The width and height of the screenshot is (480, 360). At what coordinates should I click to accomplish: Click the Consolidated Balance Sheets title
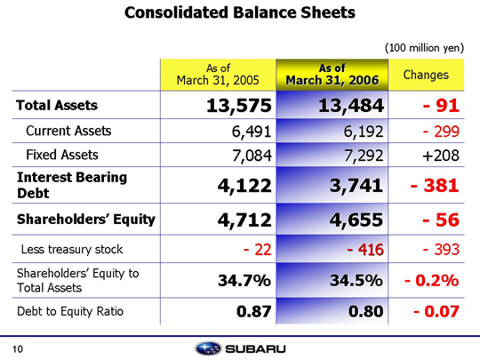coord(240,12)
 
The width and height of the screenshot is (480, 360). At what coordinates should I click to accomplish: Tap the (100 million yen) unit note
coord(424,48)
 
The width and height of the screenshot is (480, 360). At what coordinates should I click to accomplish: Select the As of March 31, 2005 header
coord(218,74)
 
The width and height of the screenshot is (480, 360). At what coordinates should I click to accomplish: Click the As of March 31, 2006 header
coord(332,74)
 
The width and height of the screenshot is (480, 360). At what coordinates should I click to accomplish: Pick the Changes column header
coord(426,75)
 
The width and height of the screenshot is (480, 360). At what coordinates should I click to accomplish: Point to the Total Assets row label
coord(57,105)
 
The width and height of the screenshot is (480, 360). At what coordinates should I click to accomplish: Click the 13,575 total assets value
coord(239,106)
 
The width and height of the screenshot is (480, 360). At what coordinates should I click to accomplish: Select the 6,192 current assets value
coord(364,132)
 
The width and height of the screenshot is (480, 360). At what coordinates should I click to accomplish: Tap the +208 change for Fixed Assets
coord(441,156)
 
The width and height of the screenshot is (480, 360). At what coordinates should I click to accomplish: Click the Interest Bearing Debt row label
coord(72,185)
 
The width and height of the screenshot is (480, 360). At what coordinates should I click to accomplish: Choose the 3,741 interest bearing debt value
coord(356,186)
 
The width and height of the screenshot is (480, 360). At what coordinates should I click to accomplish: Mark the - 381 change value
coord(435,186)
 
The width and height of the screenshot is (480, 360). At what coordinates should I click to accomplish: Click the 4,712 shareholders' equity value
coord(244,220)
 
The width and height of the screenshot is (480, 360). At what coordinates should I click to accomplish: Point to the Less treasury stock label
coord(72,249)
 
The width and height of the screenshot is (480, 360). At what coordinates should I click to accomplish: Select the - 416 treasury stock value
coord(365,250)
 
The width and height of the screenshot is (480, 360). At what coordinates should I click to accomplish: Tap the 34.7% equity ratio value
coord(244,280)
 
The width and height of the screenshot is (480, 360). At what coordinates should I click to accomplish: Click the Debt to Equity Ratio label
coord(70,311)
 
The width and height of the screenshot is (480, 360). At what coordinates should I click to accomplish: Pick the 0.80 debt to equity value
coord(366,311)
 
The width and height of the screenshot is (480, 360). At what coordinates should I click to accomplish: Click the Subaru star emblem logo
coord(208,348)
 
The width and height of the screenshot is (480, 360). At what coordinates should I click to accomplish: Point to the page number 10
coord(18,349)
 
